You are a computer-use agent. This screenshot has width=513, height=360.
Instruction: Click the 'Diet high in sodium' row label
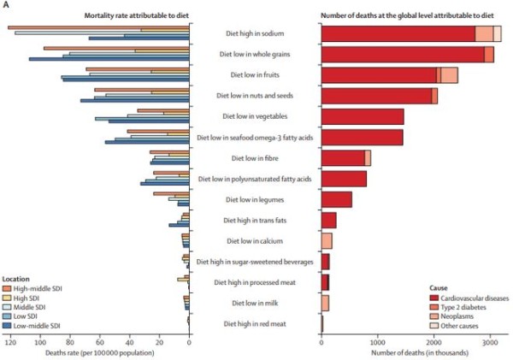254,34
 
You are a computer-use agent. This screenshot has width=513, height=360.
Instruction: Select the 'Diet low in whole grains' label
254,55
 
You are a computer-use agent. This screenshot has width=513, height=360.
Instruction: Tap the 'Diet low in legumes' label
254,199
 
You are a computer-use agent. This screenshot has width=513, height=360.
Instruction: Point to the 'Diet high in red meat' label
254,323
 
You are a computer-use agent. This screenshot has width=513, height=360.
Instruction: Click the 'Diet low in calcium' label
254,241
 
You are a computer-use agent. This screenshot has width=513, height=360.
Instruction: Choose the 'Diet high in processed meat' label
254,282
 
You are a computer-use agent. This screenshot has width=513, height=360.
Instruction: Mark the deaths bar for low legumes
336,199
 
